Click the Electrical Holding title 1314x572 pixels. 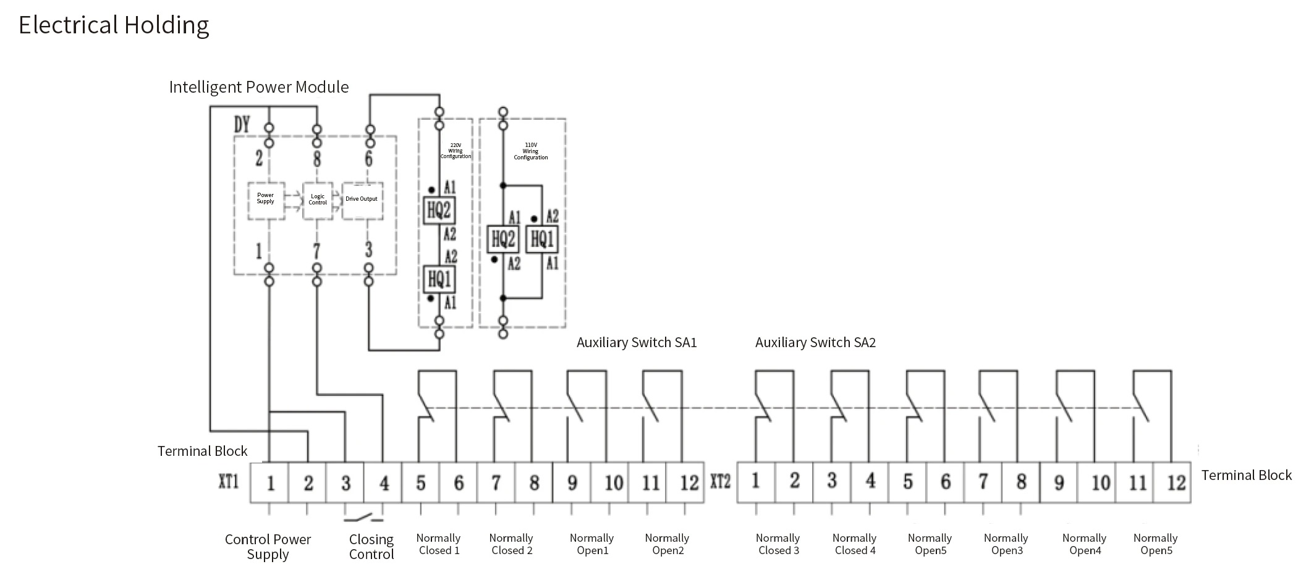pyautogui.click(x=114, y=25)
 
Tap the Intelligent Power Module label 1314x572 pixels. pyautogui.click(x=258, y=87)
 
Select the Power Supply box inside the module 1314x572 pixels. pyautogui.click(x=266, y=199)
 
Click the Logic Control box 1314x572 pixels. pyautogui.click(x=318, y=200)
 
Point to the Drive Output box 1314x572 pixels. pyautogui.click(x=362, y=199)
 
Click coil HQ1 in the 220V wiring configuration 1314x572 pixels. pyautogui.click(x=439, y=279)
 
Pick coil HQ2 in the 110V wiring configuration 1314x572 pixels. pyautogui.click(x=502, y=239)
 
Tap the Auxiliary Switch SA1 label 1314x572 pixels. pyautogui.click(x=636, y=343)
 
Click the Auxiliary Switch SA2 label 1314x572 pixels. pyautogui.click(x=815, y=343)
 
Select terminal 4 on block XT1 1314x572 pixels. pyautogui.click(x=384, y=482)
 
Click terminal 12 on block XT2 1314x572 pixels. pyautogui.click(x=1176, y=482)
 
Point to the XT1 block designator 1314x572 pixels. pyautogui.click(x=229, y=481)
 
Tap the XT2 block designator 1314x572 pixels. pyautogui.click(x=721, y=481)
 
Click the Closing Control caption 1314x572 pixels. pyautogui.click(x=371, y=547)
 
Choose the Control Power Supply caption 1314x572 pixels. pyautogui.click(x=268, y=547)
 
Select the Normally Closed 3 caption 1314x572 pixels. pyautogui.click(x=778, y=544)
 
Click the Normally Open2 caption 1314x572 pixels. pyautogui.click(x=667, y=544)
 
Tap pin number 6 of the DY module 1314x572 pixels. pyautogui.click(x=368, y=158)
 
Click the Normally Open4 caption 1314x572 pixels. pyautogui.click(x=1085, y=544)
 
